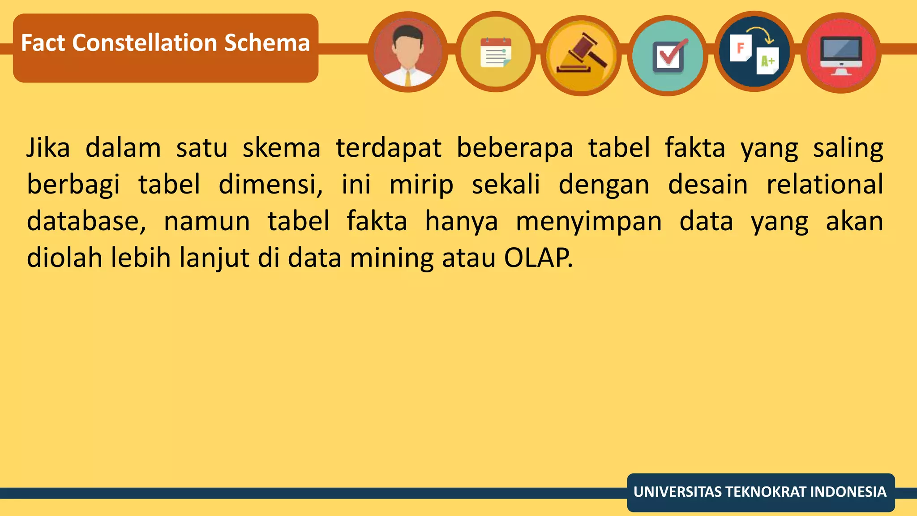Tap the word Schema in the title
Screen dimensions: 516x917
pos(267,43)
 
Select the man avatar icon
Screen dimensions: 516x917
pos(407,52)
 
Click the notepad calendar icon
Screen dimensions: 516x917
pos(495,52)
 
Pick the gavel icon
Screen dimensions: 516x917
pos(581,55)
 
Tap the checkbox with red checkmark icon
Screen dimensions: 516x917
pos(668,56)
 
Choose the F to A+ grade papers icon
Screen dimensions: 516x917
pos(754,52)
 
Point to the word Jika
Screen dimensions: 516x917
pos(48,148)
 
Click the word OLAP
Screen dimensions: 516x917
pos(537,258)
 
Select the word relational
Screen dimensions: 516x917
pos(825,185)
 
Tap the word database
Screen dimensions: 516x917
pos(86,221)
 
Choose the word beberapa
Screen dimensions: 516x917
pos(514,148)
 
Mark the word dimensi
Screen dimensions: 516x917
pos(270,185)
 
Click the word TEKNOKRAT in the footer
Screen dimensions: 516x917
pos(767,492)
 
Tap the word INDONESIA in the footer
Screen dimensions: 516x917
pos(848,492)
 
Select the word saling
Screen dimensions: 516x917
pos(848,149)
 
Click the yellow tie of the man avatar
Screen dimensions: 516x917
pos(408,78)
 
